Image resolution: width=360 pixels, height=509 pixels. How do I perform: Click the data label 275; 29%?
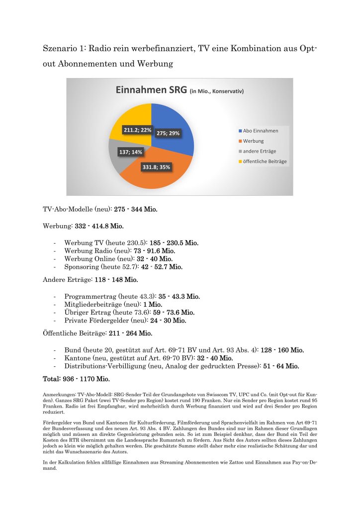point(168,133)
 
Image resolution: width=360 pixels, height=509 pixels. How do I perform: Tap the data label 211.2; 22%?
point(138,130)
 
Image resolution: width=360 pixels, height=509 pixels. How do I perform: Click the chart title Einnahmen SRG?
point(151,90)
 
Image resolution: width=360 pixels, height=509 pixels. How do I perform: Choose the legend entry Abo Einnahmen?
point(260,131)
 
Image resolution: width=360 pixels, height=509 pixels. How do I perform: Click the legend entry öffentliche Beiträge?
point(265,162)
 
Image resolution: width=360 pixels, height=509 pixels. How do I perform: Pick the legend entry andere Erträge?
point(259,151)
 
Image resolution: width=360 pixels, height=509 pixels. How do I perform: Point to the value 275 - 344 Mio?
point(136,209)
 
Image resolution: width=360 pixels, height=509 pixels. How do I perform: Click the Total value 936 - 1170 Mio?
point(89,379)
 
